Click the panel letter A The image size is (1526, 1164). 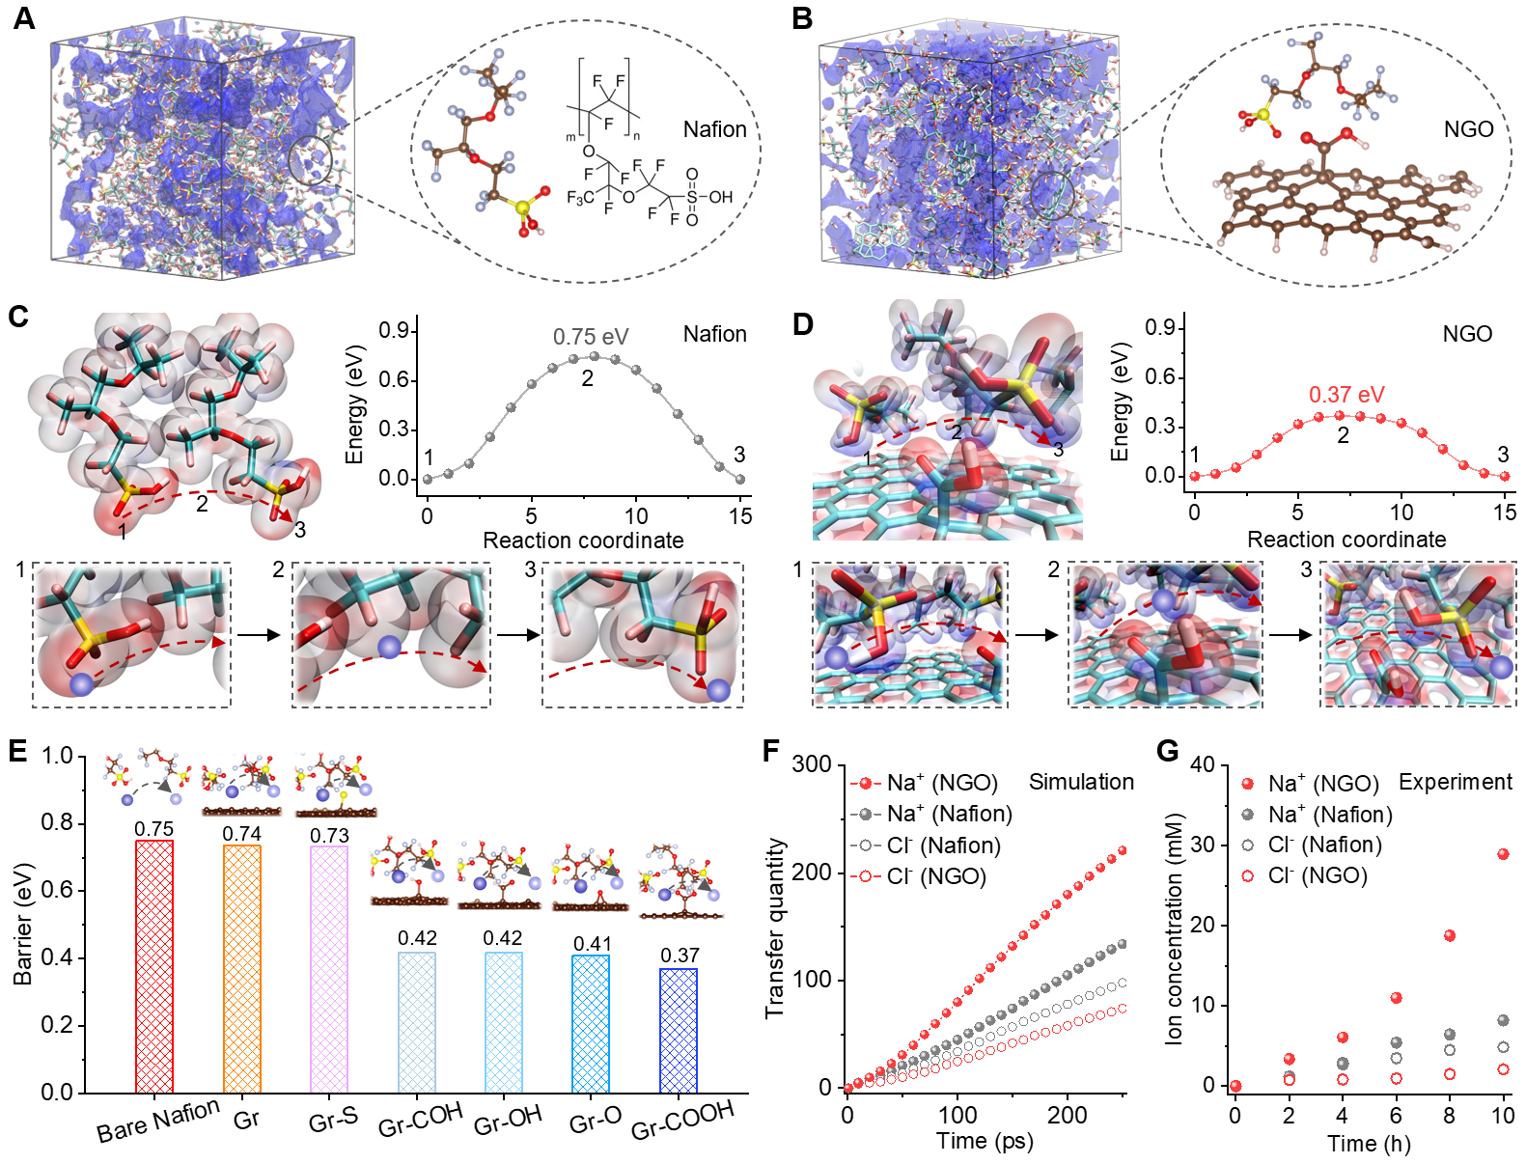[24, 18]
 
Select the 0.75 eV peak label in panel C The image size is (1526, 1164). [591, 337]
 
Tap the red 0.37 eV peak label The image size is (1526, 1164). [1346, 395]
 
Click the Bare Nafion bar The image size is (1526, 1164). [154, 965]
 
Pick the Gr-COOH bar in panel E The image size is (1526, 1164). [679, 1030]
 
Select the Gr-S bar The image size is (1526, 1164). [329, 968]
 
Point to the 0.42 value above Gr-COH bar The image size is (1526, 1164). [417, 938]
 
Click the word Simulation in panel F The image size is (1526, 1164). [1081, 782]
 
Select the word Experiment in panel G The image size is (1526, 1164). [1455, 782]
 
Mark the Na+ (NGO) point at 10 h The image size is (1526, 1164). [1503, 854]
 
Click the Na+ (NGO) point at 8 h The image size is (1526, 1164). [1449, 935]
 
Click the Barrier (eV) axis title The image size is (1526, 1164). [22, 924]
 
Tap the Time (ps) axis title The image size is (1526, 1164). [985, 1141]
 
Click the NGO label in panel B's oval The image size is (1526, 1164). [1468, 129]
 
